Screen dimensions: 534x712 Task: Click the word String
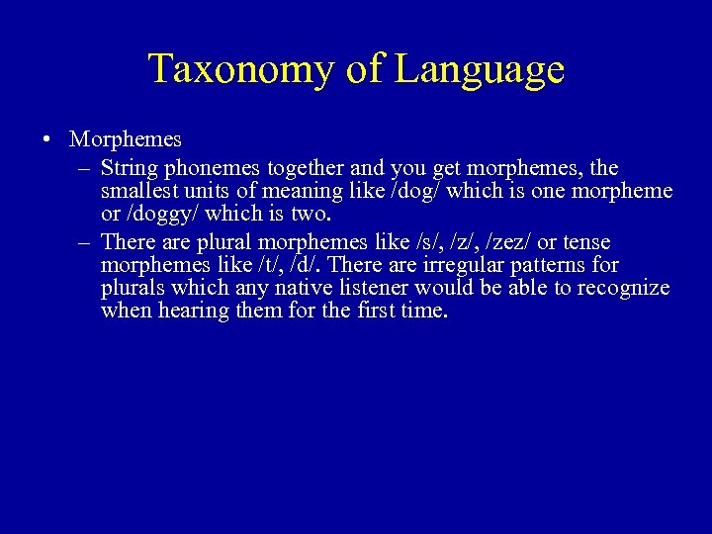click(x=131, y=167)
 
